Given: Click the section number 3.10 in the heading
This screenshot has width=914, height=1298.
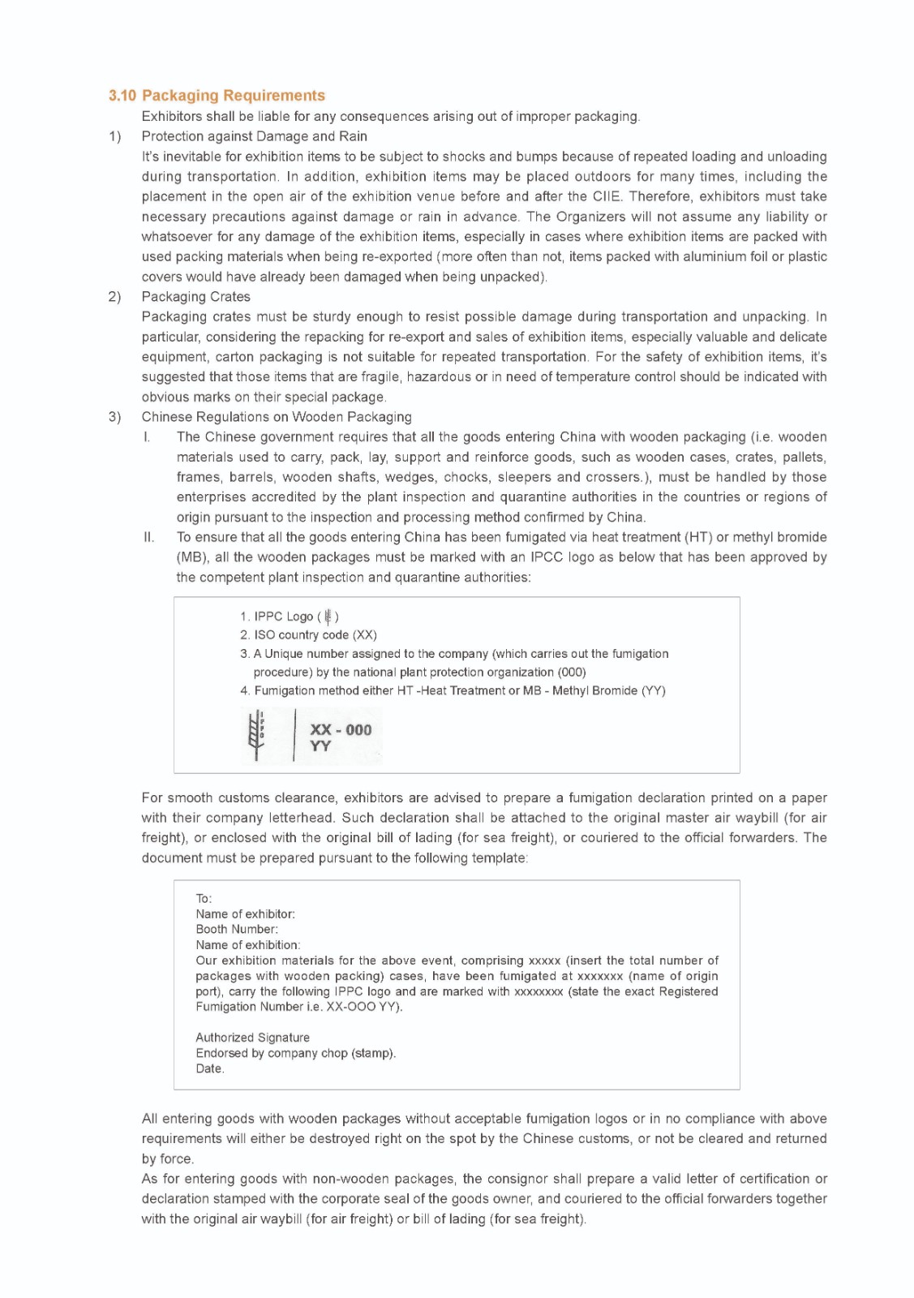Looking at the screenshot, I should coord(122,96).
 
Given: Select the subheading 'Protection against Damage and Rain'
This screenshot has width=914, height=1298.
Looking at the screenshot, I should coord(254,136).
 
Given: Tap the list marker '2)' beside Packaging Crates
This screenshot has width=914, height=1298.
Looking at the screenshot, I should coord(114,297).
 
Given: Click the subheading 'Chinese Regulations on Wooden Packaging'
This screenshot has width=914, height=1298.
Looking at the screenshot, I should coord(276,417).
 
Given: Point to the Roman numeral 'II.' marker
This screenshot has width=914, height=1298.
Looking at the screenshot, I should coord(148,537).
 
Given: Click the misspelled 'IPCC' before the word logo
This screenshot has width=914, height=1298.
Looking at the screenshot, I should coord(547,557).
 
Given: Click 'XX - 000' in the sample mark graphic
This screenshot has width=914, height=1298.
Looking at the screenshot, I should coord(341,729).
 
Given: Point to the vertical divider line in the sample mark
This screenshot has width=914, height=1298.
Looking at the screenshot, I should coord(294,735).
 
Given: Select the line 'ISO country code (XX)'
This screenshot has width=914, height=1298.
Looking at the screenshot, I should coord(315,635).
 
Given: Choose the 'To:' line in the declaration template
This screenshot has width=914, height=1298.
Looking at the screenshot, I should coord(204,899).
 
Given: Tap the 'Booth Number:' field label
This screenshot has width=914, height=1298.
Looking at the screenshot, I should coord(237,930).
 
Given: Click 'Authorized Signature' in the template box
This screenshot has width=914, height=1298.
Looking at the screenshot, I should coord(252,1038).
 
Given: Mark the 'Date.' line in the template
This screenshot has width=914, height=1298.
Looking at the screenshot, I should coord(210,1068).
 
